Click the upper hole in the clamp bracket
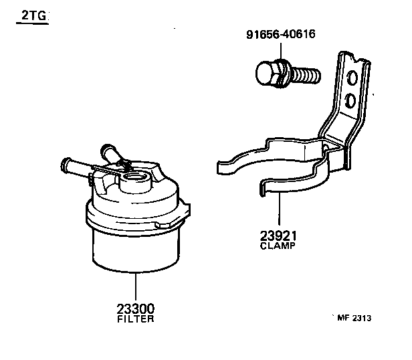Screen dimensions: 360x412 click(352, 80)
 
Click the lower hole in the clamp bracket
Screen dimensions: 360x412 click(350, 101)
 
